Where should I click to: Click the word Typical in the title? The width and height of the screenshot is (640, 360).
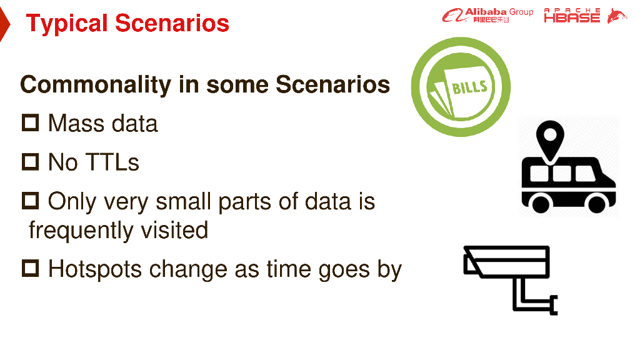pos(66,24)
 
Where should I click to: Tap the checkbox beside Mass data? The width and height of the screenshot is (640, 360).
pos(30,123)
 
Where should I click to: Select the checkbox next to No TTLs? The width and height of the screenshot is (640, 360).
pos(30,162)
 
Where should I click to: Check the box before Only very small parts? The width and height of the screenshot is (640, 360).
pos(30,201)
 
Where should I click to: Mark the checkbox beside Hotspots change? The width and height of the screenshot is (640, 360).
pos(30,268)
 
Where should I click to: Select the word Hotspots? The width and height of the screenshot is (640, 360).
pos(96,270)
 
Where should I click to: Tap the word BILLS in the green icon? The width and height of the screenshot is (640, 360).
pos(469,87)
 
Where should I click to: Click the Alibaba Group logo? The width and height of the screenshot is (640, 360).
pos(487,15)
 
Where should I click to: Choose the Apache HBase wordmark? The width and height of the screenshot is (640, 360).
pos(572,15)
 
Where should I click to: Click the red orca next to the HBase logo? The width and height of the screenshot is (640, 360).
pos(617,16)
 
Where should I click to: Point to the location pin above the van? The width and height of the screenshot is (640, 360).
pos(550,139)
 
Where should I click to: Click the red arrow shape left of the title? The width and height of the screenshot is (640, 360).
pos(4,24)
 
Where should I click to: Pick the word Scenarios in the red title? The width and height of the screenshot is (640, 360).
pos(172,23)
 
